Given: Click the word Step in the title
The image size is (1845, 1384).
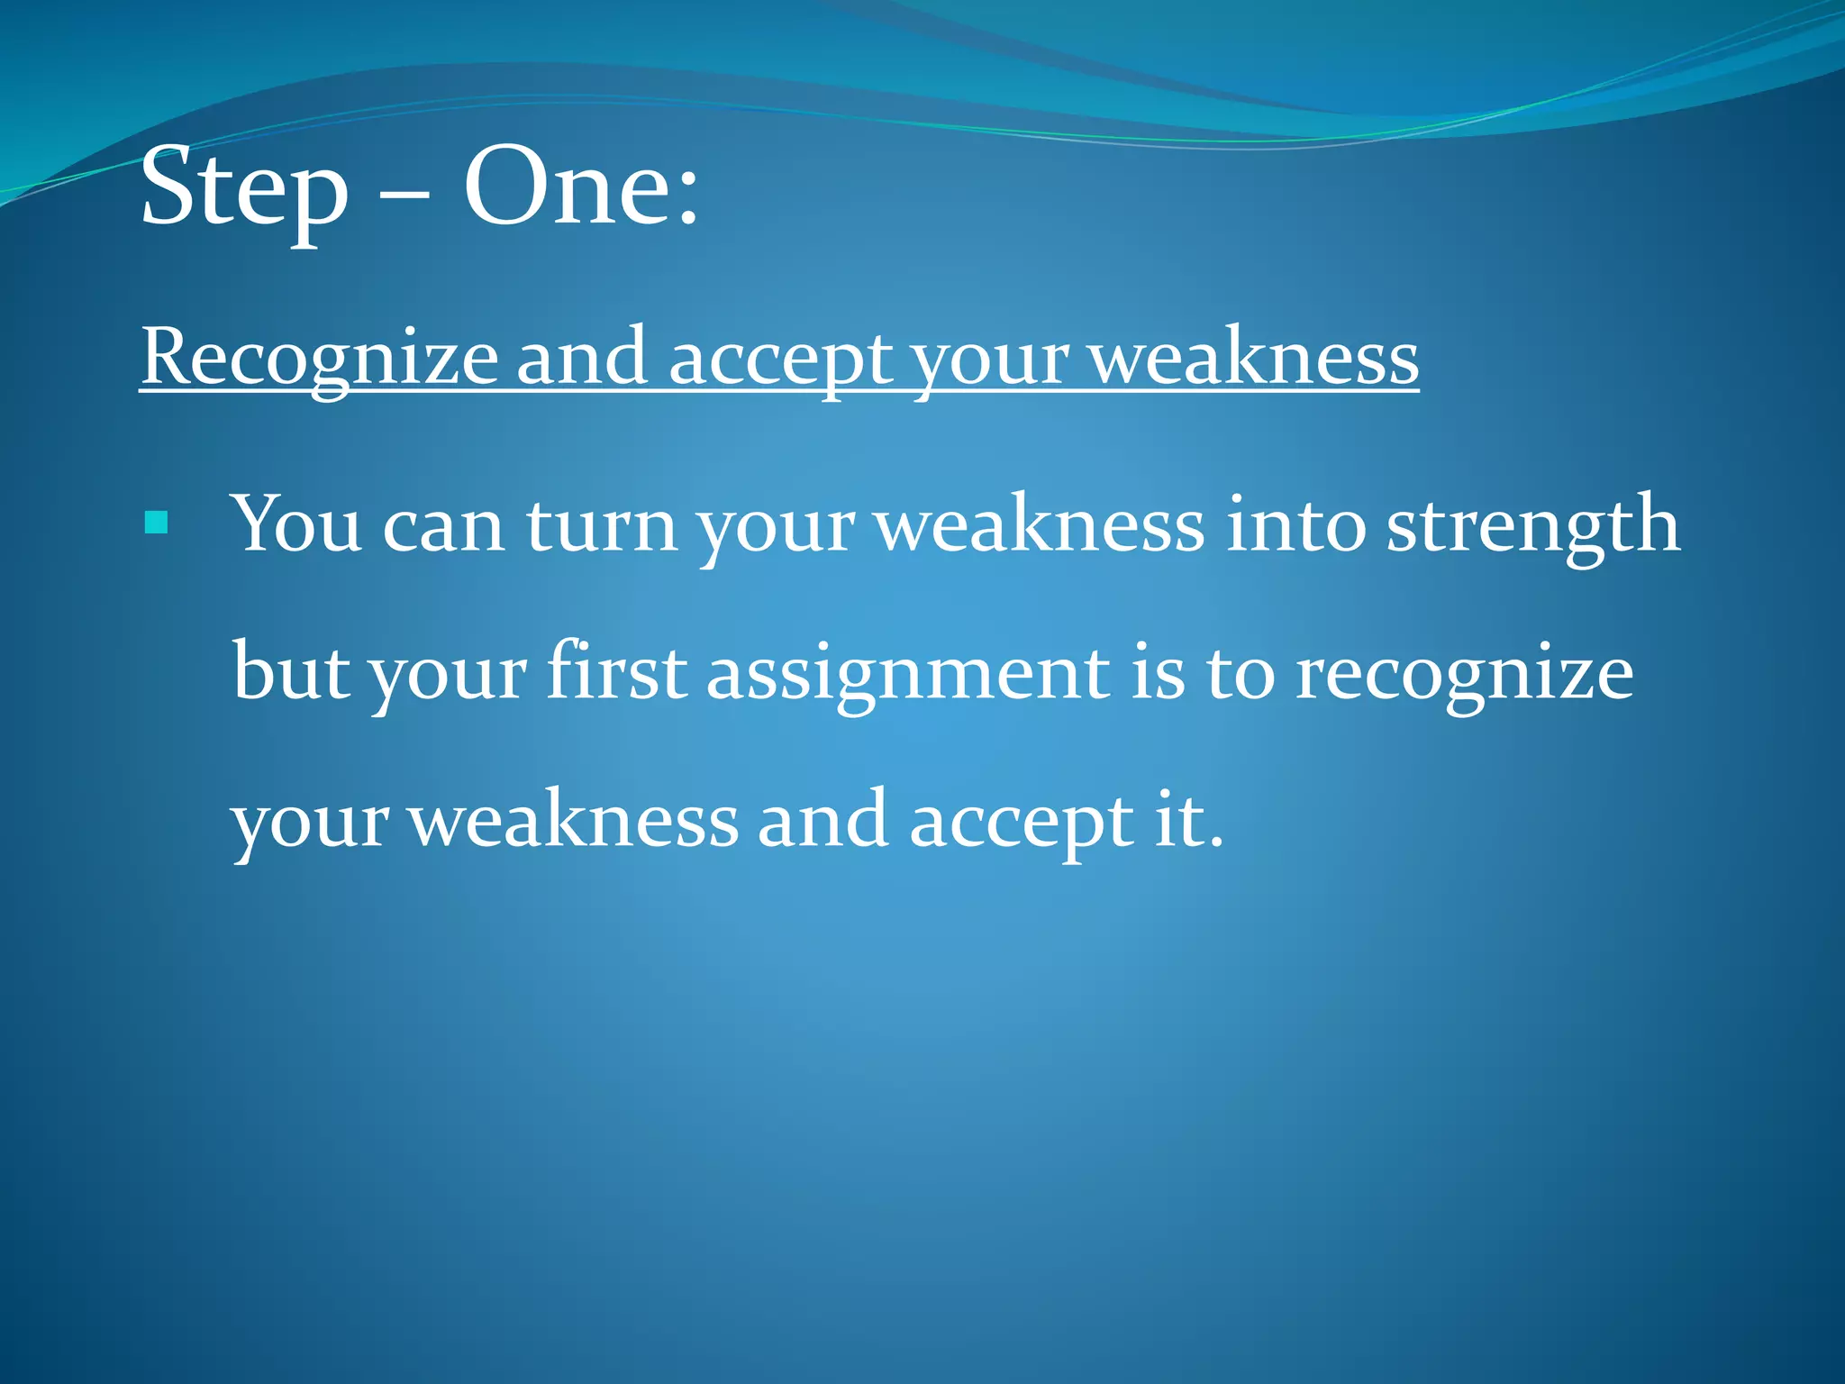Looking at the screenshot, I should coord(244,190).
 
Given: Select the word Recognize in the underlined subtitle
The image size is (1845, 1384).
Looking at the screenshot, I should coord(320,359).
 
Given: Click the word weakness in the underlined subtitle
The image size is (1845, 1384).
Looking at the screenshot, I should coord(1253,359).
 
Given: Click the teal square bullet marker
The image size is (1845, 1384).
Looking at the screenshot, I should coord(157,523).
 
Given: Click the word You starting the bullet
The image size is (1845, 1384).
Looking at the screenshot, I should coord(296,524).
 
